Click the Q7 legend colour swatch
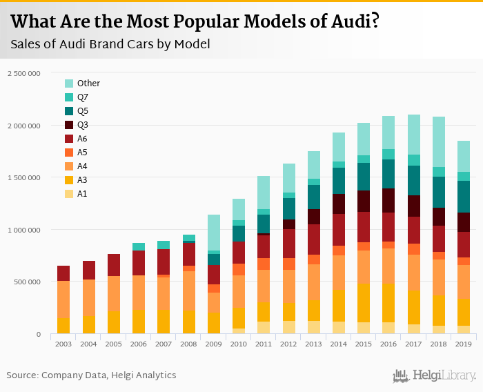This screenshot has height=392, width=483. pyautogui.click(x=70, y=97)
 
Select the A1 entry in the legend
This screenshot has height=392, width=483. pyautogui.click(x=82, y=194)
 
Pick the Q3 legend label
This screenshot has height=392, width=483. pyautogui.click(x=83, y=125)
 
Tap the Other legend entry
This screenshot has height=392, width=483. pyautogui.click(x=88, y=84)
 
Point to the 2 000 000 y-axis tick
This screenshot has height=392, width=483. pyautogui.click(x=25, y=126)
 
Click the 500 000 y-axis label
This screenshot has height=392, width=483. pyautogui.click(x=28, y=282)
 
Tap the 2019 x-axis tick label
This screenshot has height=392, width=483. pyautogui.click(x=464, y=344)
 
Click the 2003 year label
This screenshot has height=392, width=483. pyautogui.click(x=63, y=344)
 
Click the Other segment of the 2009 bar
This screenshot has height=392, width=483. pyautogui.click(x=213, y=233)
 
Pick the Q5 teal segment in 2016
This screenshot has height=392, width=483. pyautogui.click(x=388, y=174)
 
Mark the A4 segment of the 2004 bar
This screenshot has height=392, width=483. pyautogui.click(x=88, y=297)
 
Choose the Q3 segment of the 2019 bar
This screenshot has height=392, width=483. pyautogui.click(x=464, y=222)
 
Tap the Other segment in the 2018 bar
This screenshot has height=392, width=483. pyautogui.click(x=439, y=142)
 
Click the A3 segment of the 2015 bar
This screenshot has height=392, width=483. pyautogui.click(x=364, y=303)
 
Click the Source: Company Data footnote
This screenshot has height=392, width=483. pyautogui.click(x=91, y=375)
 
